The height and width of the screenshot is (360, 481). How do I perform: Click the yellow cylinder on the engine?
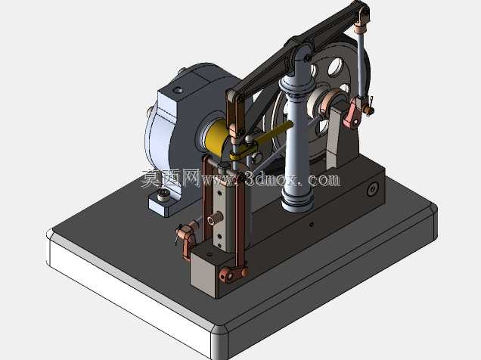(x=216, y=137)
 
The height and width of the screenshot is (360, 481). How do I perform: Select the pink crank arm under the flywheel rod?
(x=352, y=113)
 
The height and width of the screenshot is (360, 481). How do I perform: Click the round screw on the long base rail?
(x=372, y=189)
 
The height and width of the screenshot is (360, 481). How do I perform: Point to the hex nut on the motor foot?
(x=163, y=194)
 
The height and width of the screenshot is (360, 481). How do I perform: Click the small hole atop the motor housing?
(x=177, y=90)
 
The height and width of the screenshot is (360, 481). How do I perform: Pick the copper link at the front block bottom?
(x=233, y=274)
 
